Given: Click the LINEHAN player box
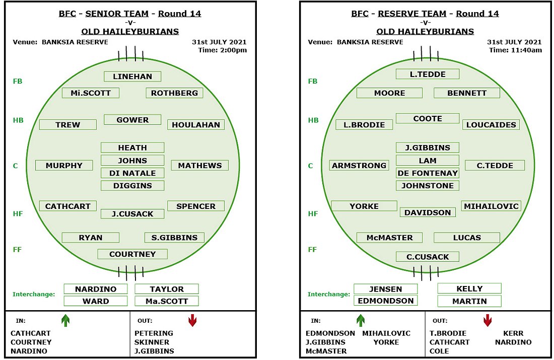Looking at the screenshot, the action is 132,77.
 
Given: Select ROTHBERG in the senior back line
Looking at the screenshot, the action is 175,93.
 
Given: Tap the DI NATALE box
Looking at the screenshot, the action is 132,173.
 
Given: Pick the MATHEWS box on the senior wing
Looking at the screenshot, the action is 199,165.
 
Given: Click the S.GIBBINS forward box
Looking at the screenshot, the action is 175,238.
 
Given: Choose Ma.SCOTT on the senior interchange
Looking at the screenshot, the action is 167,301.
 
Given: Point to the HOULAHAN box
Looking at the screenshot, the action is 196,125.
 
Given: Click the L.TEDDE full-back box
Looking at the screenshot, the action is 428,74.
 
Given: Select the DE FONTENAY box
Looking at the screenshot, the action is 428,173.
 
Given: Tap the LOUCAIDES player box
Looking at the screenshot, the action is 491,125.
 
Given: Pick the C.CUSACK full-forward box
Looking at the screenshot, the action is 428,257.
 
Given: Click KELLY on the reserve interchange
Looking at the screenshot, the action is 469,289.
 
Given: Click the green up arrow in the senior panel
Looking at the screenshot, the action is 65,320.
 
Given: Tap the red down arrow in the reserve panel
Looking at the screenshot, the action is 488,320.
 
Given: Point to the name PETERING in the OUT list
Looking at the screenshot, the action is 154,333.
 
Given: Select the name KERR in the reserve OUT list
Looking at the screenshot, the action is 513,333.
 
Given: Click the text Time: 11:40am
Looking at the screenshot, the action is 516,50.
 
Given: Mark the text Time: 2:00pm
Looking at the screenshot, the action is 223,50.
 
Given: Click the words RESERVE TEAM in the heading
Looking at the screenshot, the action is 412,14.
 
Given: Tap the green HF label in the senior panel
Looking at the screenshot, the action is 18,214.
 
